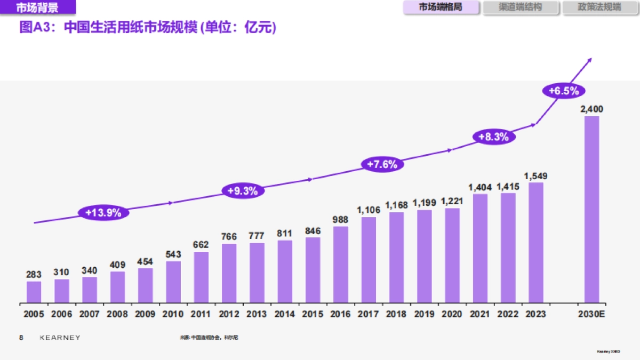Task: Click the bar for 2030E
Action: point(591,210)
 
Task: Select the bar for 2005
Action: point(34,292)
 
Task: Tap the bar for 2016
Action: point(340,265)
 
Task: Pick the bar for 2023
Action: point(535,243)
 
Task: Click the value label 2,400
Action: point(591,109)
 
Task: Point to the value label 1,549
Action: point(535,176)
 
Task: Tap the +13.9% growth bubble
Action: point(103,212)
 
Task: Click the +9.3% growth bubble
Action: point(243,190)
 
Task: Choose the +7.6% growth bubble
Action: point(382,164)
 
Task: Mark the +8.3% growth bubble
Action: point(493,137)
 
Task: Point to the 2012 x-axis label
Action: point(229,314)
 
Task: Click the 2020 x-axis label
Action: point(452,314)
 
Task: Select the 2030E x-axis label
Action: point(591,314)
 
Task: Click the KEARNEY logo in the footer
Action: point(60,338)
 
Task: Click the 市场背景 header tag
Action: point(37,7)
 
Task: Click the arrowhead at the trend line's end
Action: point(589,61)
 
